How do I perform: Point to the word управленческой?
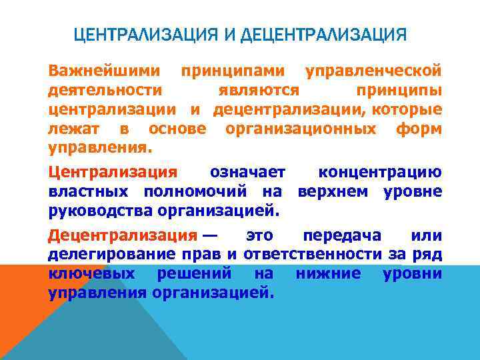[373, 70]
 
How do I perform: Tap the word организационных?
[301, 128]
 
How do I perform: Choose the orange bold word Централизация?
[113, 173]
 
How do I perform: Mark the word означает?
[247, 173]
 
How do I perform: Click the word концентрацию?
[379, 173]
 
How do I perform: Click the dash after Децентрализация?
[210, 236]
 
